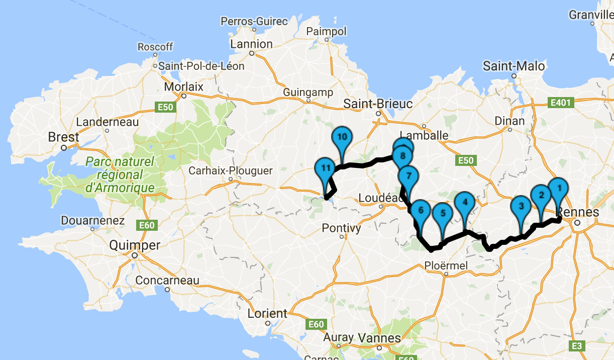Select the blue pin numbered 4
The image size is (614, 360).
pos(464,203)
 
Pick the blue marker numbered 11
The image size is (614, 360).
pos(325,168)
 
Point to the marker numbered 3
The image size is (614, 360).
pos(521,206)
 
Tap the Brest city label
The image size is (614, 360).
pos(63,137)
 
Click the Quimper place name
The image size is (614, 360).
pos(135,245)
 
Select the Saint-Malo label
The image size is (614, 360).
pos(514,66)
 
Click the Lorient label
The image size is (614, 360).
pos(267,313)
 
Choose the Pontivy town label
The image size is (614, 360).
pos(342,228)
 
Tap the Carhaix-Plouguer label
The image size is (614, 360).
pos(231,171)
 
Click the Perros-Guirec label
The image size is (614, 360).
pos(254,22)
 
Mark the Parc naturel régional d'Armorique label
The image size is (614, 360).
pos(120,175)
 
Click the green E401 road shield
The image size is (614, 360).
pos(560,103)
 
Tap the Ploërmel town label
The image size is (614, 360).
pos(446,265)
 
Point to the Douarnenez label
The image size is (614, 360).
pos(92,221)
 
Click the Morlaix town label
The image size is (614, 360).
pos(184,86)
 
